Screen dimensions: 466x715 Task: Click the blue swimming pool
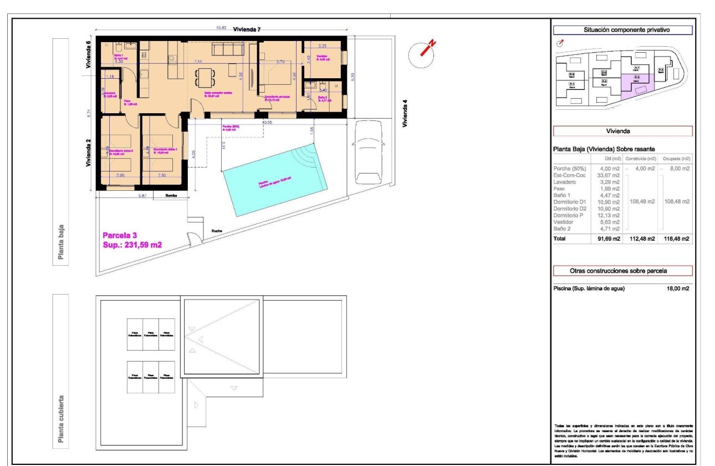[274, 180]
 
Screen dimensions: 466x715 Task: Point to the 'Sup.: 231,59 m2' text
[132, 245]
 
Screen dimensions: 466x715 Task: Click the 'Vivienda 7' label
[247, 29]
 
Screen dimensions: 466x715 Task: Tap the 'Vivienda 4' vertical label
[405, 114]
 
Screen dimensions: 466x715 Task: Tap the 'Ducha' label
[216, 231]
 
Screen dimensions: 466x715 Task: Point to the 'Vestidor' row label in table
[565, 222]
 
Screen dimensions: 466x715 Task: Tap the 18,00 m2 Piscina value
[677, 288]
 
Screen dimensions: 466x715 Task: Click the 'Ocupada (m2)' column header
[676, 159]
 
